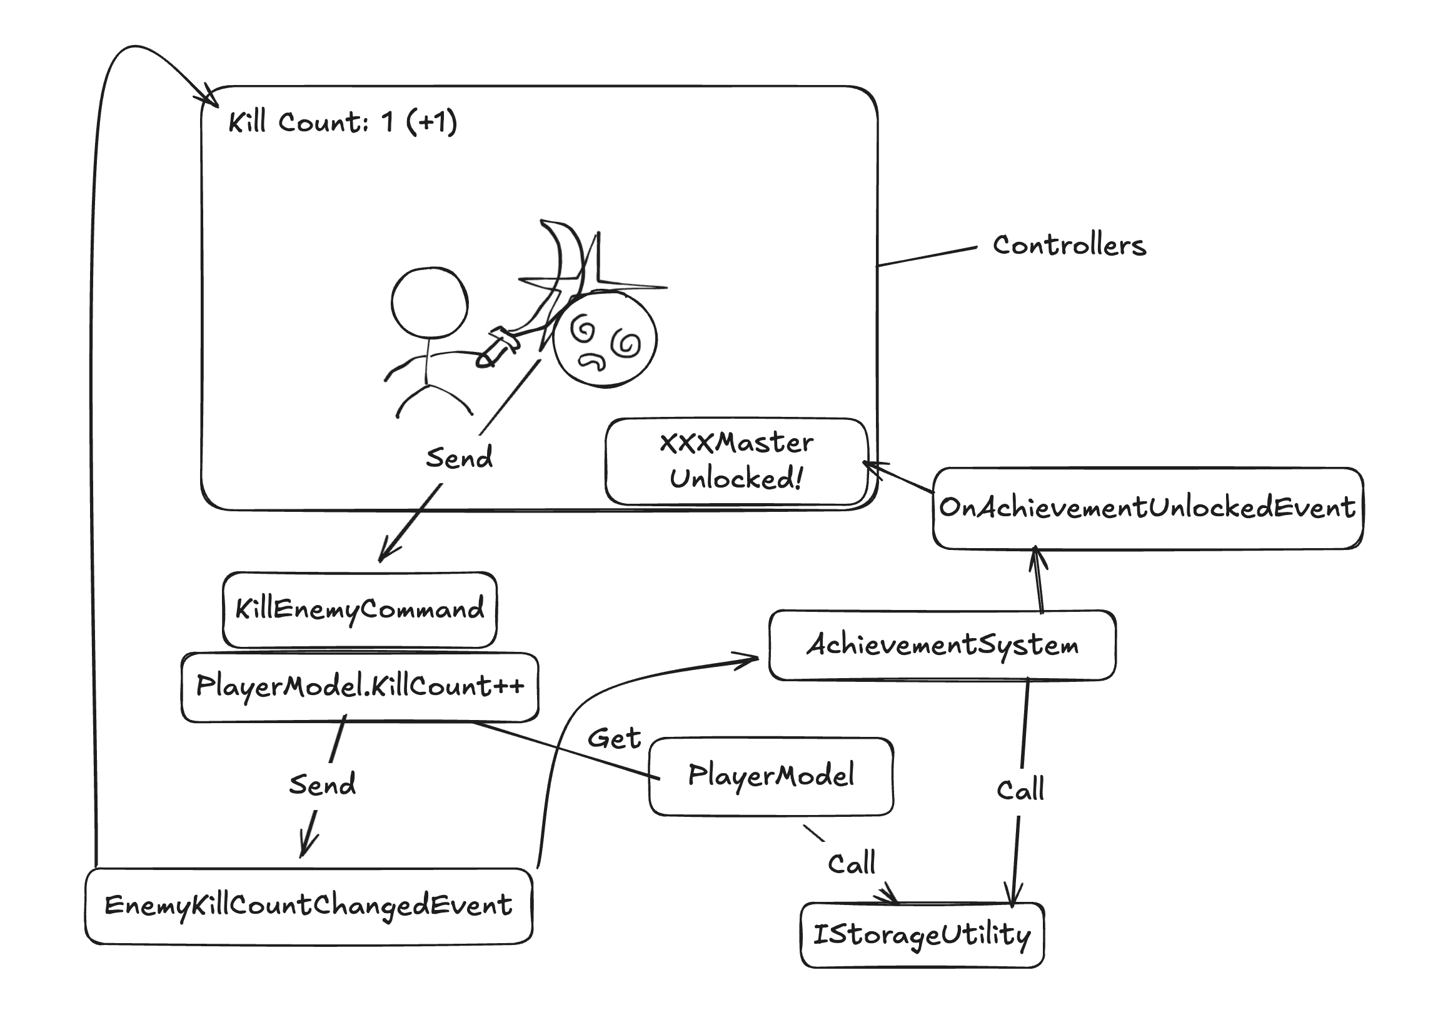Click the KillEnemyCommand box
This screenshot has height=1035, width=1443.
pyautogui.click(x=359, y=609)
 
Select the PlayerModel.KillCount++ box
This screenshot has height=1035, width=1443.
pyautogui.click(x=359, y=686)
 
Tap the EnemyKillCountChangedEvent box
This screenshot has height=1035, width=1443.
pyautogui.click(x=309, y=905)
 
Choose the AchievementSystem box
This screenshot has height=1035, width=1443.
pyautogui.click(x=942, y=645)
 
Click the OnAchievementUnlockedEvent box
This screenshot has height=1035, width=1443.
pyautogui.click(x=1147, y=507)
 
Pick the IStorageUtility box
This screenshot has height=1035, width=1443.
pyautogui.click(x=922, y=934)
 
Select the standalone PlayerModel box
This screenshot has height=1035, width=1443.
pyautogui.click(x=771, y=776)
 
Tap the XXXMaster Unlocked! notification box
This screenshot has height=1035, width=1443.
pyautogui.click(x=737, y=461)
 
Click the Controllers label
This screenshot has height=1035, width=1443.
pyautogui.click(x=1070, y=246)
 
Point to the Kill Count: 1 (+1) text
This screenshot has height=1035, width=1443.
pyautogui.click(x=342, y=121)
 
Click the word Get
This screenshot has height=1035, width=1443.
pyautogui.click(x=614, y=739)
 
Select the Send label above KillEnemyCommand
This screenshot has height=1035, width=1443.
pyautogui.click(x=459, y=458)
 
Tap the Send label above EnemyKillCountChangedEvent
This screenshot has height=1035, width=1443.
pyautogui.click(x=322, y=784)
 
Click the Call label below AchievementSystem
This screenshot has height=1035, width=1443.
pyautogui.click(x=1020, y=789)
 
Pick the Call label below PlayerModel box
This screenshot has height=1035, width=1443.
pyautogui.click(x=852, y=864)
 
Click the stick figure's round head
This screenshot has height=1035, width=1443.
pyautogui.click(x=430, y=302)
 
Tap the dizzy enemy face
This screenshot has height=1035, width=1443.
pyautogui.click(x=605, y=338)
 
